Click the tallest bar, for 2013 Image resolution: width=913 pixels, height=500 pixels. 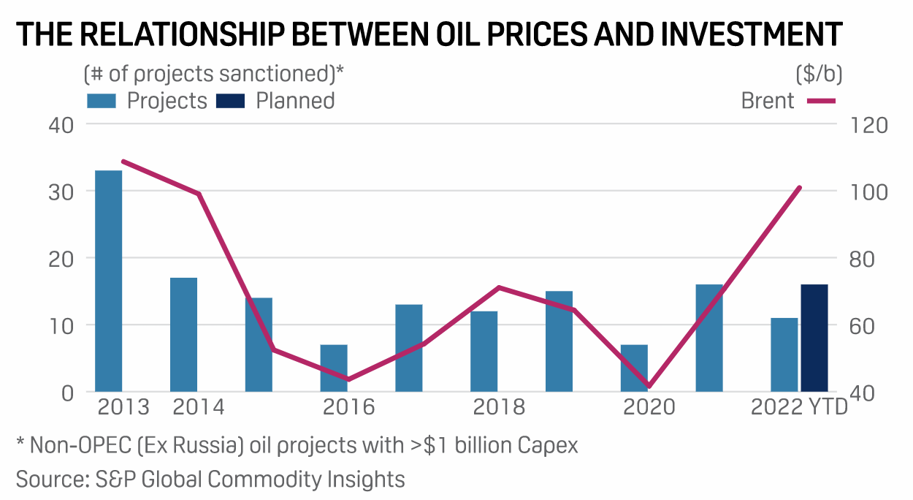(x=109, y=281)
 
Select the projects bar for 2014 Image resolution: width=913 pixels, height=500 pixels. (x=183, y=334)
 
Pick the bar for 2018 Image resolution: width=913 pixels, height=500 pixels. (x=484, y=351)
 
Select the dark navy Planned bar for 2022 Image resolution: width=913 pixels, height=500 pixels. (x=814, y=338)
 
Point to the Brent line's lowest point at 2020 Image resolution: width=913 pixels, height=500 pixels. (x=649, y=386)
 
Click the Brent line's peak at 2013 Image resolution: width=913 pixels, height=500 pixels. (x=124, y=162)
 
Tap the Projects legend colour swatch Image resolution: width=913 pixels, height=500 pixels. (x=103, y=100)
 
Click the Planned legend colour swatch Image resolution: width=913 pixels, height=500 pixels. (x=232, y=100)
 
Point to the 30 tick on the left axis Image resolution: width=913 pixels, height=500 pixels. (x=61, y=192)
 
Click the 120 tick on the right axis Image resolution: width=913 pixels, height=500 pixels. (x=869, y=125)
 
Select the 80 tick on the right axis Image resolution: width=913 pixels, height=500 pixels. (x=866, y=259)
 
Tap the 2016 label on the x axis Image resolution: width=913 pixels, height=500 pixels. (x=348, y=407)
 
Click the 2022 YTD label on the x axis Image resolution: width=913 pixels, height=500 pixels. (x=799, y=407)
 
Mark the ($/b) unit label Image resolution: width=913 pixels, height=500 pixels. (x=818, y=74)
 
